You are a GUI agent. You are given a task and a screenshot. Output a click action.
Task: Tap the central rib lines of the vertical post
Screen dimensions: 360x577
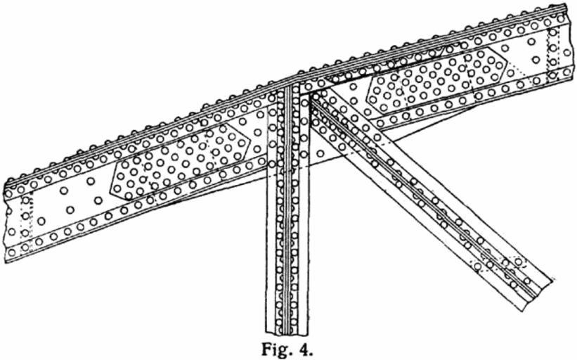click(287, 211)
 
